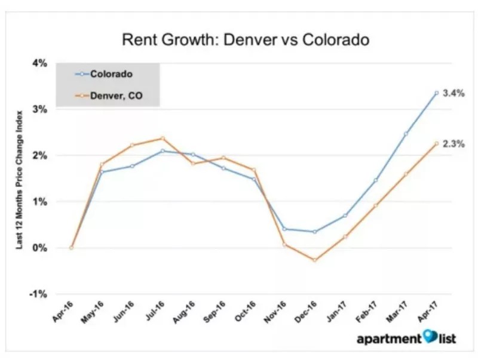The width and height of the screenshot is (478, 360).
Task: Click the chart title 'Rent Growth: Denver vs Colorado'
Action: (246, 41)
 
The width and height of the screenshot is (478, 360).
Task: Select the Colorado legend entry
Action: (111, 74)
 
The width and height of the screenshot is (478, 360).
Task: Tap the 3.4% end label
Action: (454, 94)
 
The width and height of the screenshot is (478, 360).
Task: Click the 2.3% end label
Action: (454, 144)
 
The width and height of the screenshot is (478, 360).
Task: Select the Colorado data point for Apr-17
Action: (437, 93)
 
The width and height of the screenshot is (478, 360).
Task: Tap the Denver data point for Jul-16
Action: (163, 139)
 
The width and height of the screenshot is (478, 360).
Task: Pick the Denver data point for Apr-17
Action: (437, 143)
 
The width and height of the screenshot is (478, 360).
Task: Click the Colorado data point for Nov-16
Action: (284, 229)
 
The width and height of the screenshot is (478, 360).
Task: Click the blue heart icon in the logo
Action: (431, 338)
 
